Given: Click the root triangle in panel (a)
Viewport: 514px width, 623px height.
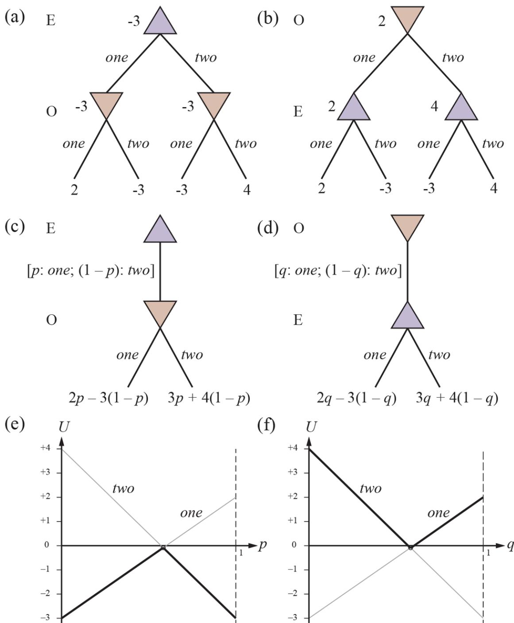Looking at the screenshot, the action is tap(160, 23).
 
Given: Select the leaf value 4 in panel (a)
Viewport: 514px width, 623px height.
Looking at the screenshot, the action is tap(247, 189).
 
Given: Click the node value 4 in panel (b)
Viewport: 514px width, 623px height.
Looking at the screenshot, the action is tap(434, 106).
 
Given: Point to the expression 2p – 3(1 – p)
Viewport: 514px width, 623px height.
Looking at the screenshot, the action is tap(108, 399).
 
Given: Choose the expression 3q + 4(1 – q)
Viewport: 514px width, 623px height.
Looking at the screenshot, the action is tap(457, 399).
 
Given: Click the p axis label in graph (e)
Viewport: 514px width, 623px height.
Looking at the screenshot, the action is tap(263, 546).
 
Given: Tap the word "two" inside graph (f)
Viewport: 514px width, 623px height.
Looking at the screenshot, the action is tap(371, 488).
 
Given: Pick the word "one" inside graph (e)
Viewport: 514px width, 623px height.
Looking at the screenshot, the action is tap(191, 513).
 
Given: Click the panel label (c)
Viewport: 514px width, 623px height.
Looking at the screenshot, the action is tap(15, 227).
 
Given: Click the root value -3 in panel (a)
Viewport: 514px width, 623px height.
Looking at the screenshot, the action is tap(134, 22).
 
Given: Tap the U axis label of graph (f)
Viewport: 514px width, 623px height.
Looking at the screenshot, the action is tap(311, 427).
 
